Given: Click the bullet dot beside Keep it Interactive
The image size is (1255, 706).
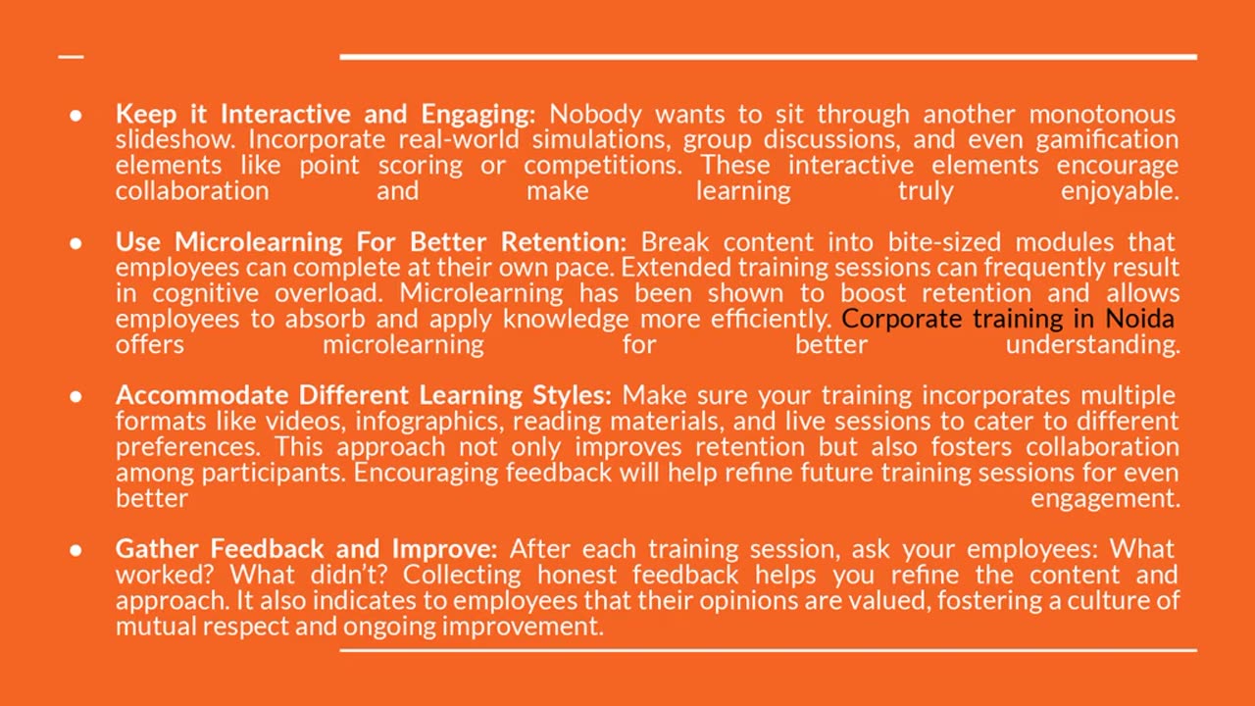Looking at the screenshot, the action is coord(75,116).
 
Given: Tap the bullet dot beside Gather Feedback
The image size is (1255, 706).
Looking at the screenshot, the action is coord(75,550).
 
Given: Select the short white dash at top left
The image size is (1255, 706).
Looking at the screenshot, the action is coord(72,57).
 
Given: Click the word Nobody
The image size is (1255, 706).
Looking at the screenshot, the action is coord(595,115).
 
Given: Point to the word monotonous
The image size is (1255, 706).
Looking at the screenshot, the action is coord(1102,115).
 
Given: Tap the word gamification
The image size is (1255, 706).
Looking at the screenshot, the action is coord(1107,140).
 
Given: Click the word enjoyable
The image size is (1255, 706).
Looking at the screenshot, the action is coord(1120,191).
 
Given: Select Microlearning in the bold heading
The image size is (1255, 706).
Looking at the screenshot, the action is coord(258,242).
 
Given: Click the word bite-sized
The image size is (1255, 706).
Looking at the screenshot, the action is coord(944,242).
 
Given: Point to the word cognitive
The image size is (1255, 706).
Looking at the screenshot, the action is coord(206,293).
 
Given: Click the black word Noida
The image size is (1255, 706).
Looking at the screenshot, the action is coord(1140,319).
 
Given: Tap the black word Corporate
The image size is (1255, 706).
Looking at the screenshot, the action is coord(901,320).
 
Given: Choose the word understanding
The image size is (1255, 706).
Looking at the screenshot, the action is coord(1093,345).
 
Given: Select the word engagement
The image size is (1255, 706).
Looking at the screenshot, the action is coord(1105,499).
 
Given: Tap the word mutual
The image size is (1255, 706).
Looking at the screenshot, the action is coord(156,627).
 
